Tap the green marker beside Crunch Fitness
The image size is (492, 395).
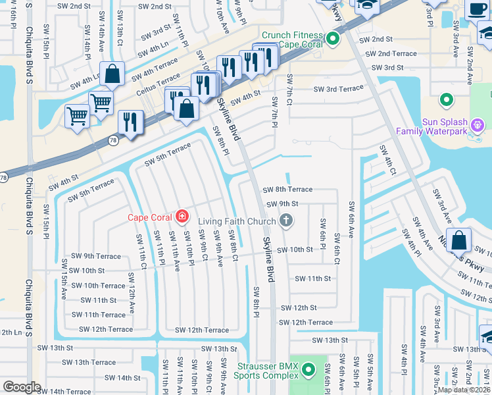333,38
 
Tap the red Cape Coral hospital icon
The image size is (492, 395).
182,217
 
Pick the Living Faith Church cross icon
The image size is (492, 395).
285,221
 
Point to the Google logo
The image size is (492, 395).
22,387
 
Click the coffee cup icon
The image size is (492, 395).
477,11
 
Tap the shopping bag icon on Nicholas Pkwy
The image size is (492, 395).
459,240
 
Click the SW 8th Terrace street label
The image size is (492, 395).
287,190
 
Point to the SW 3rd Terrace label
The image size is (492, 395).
338,89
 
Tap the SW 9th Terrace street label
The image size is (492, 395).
96,256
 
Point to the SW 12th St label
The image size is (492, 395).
299,307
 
